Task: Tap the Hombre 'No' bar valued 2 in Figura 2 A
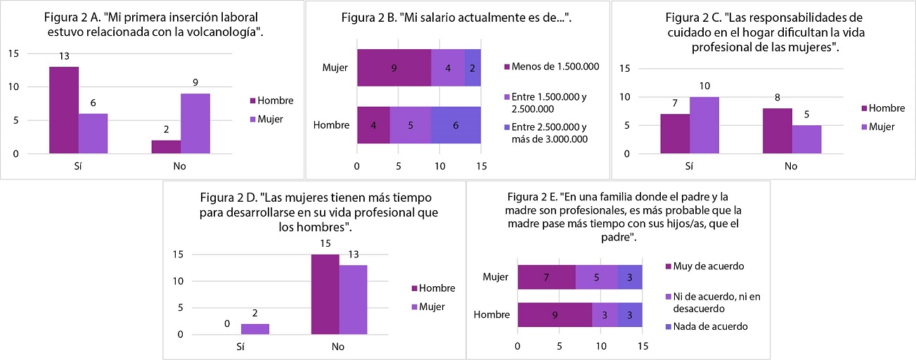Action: click(x=167, y=147)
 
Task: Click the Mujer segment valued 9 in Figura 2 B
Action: click(x=394, y=68)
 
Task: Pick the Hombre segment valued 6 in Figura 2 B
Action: click(x=456, y=125)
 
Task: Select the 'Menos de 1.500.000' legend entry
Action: click(x=551, y=67)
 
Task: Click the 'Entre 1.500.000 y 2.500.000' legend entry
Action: click(x=550, y=103)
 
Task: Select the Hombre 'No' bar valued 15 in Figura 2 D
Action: click(x=325, y=295)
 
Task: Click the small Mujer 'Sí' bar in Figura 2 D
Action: click(x=255, y=329)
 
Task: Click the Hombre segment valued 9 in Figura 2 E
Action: click(x=555, y=314)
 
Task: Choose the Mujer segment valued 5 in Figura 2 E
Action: click(x=596, y=277)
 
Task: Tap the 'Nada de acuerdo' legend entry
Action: click(x=704, y=326)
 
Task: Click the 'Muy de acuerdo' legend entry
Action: click(x=703, y=266)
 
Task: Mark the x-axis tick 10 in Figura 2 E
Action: click(x=601, y=346)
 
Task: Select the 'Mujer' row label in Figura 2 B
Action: click(x=335, y=68)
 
